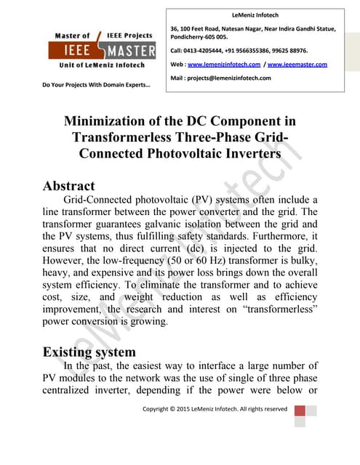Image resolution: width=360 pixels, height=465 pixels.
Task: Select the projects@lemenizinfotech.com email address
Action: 230,78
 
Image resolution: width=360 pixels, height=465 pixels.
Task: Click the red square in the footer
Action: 300,411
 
